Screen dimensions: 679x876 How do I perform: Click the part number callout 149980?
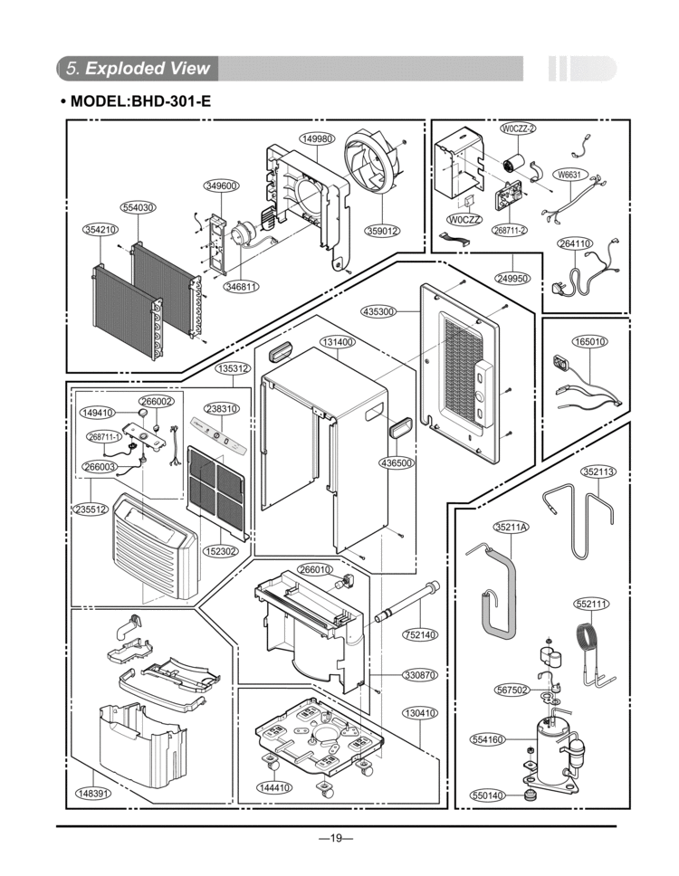point(318,138)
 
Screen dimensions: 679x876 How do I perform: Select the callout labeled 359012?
point(383,230)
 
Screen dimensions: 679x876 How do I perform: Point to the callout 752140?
point(420,634)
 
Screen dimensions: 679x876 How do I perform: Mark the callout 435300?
point(378,311)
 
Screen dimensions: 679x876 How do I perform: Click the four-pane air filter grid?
point(215,489)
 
